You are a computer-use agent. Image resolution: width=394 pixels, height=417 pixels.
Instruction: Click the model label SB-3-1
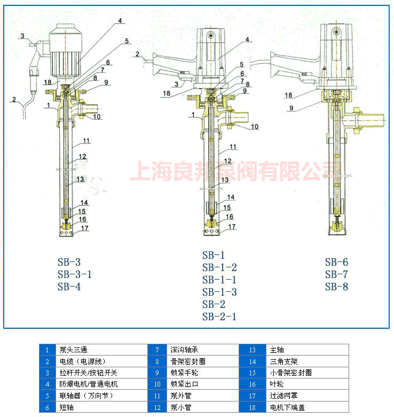click(x=75, y=274)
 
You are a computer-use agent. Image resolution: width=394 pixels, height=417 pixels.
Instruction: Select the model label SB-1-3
click(x=219, y=292)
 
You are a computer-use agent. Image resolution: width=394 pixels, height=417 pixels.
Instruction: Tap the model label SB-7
click(x=336, y=274)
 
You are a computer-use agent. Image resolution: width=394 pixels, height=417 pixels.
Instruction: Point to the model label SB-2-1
click(x=219, y=316)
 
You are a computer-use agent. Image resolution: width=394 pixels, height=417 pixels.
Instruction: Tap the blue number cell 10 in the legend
click(x=157, y=384)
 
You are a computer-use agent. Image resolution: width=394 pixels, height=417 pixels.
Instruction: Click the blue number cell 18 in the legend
click(x=252, y=407)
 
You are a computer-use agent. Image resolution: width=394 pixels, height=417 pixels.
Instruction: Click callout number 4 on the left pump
click(x=120, y=20)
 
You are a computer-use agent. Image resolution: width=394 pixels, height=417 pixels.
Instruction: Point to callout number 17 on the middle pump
click(x=232, y=227)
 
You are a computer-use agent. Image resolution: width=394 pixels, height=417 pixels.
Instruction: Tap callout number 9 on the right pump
click(x=291, y=108)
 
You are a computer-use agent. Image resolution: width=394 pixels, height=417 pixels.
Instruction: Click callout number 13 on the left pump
click(x=80, y=179)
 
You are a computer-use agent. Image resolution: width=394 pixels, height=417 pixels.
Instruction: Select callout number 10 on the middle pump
click(x=255, y=127)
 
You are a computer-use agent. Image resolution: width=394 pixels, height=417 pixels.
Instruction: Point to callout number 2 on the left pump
click(x=14, y=100)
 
